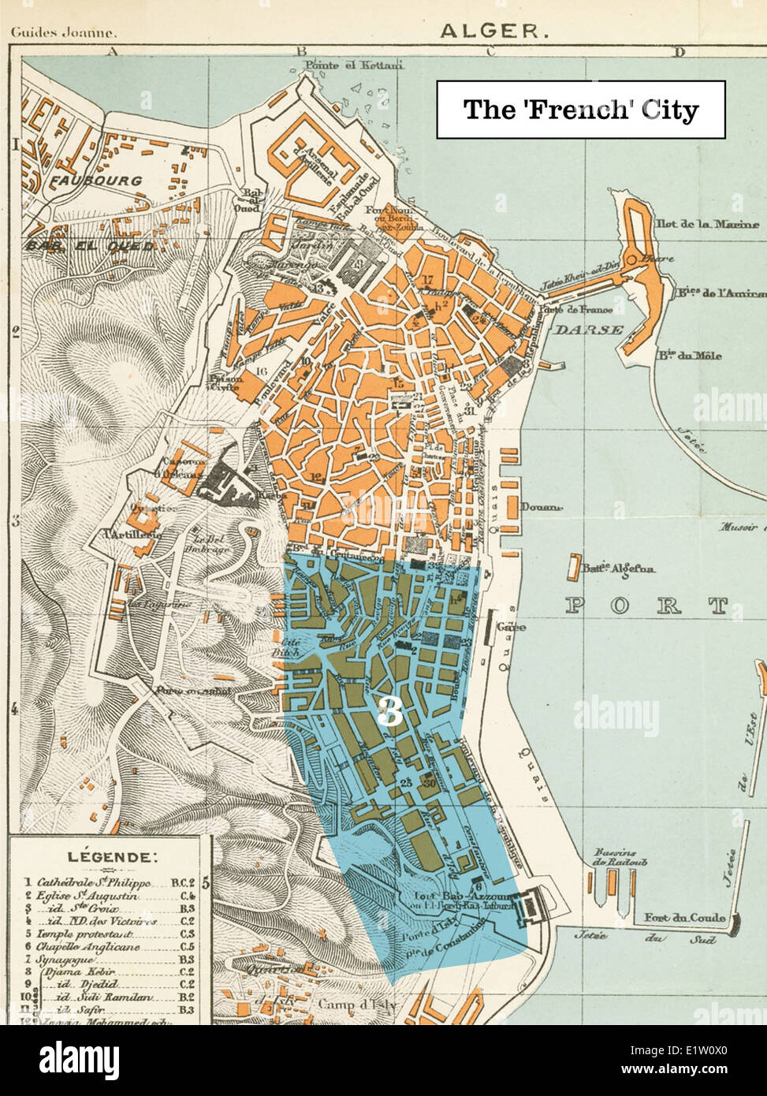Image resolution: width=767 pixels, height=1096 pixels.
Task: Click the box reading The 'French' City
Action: (x=581, y=110)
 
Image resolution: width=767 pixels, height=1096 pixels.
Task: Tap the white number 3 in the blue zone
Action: (x=389, y=714)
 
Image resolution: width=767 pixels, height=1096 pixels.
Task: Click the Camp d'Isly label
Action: (x=357, y=1005)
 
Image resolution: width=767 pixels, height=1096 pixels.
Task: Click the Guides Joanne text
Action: (x=63, y=33)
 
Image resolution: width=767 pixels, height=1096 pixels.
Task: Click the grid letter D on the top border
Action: (x=678, y=53)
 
